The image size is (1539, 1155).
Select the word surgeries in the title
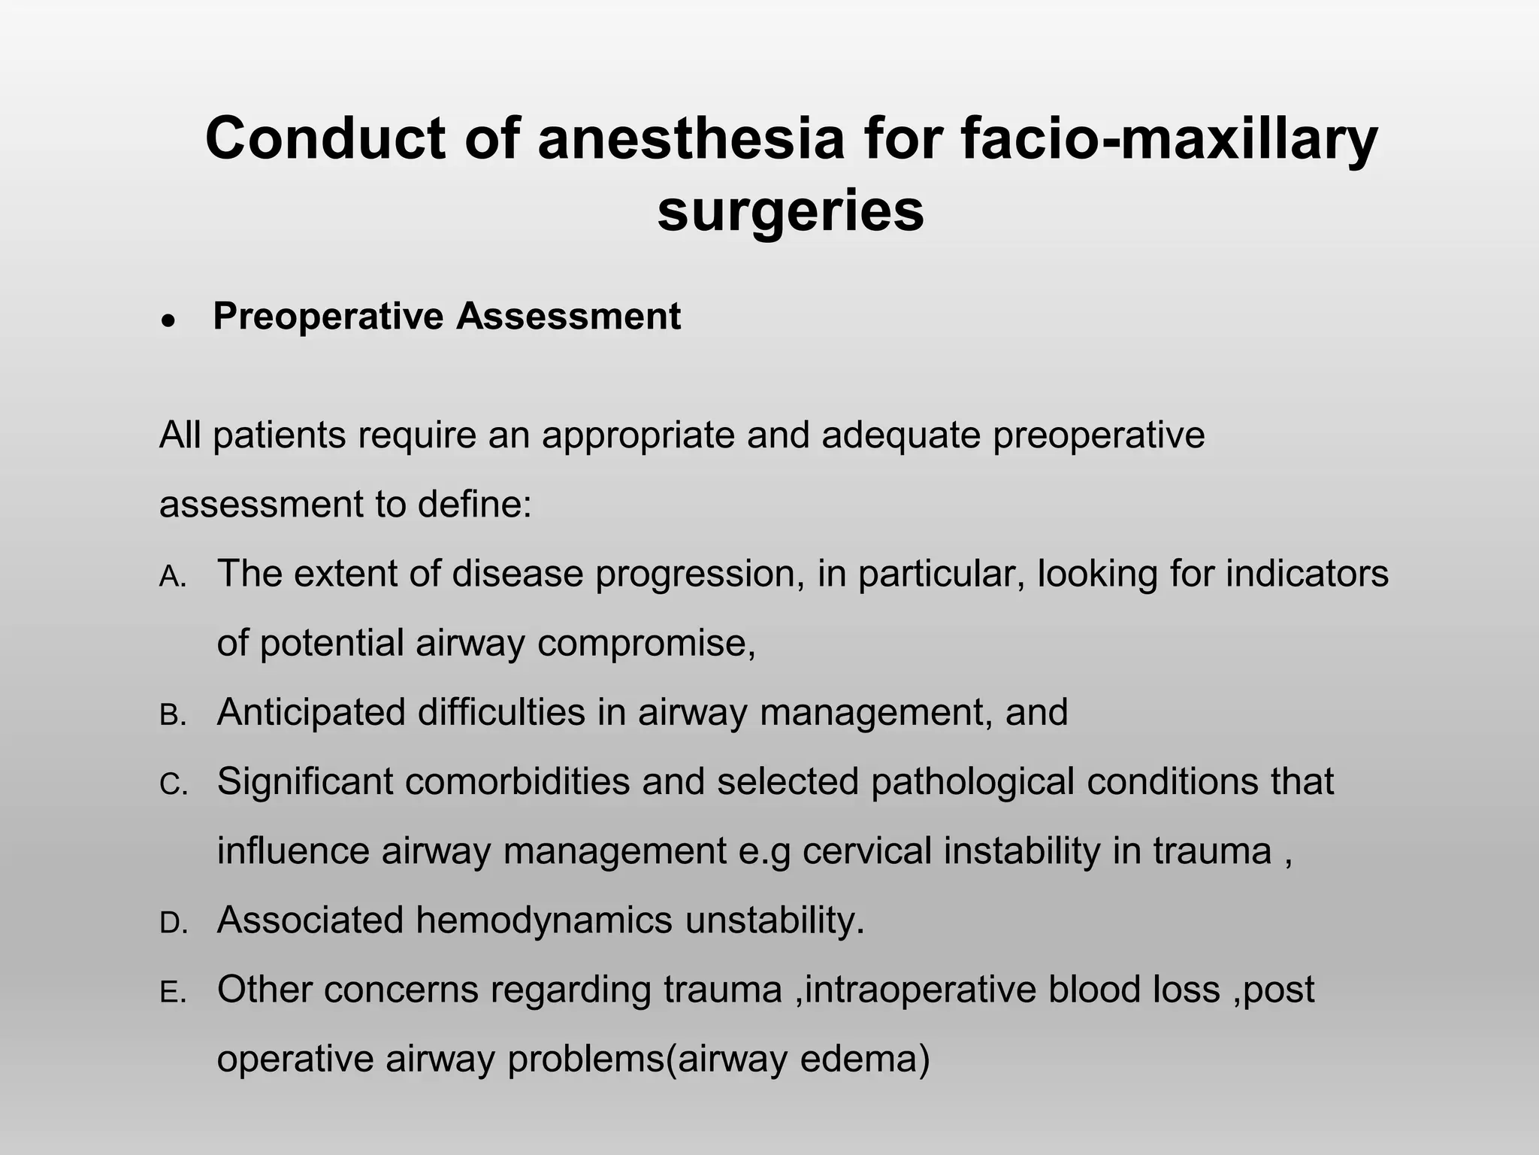pyautogui.click(x=791, y=211)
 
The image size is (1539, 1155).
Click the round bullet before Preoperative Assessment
pyautogui.click(x=169, y=320)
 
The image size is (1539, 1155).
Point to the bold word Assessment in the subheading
pyautogui.click(x=568, y=317)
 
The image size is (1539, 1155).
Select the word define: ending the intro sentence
pyautogui.click(x=475, y=505)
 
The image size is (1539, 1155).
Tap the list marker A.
pyautogui.click(x=172, y=577)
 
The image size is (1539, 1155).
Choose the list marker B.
pyautogui.click(x=172, y=716)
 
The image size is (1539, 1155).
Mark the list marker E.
pyautogui.click(x=172, y=993)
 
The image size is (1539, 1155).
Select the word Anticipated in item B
pyautogui.click(x=311, y=713)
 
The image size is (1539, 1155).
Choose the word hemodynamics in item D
pyautogui.click(x=543, y=921)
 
